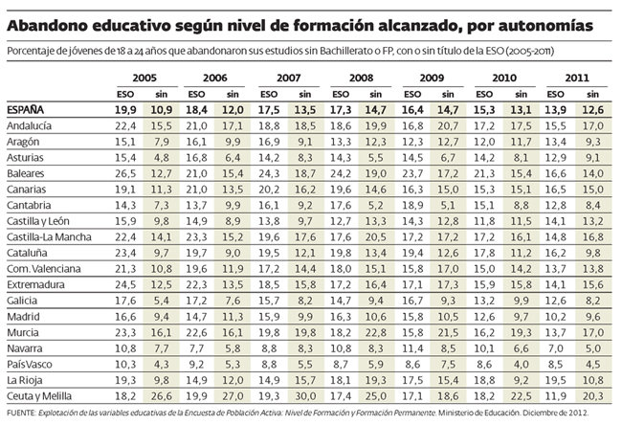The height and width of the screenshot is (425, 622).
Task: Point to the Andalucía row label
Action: click(29, 126)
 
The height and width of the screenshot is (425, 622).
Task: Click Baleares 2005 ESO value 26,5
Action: click(124, 174)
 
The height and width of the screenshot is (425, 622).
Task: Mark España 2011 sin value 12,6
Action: click(595, 111)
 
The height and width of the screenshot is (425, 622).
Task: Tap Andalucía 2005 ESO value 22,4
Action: click(124, 126)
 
